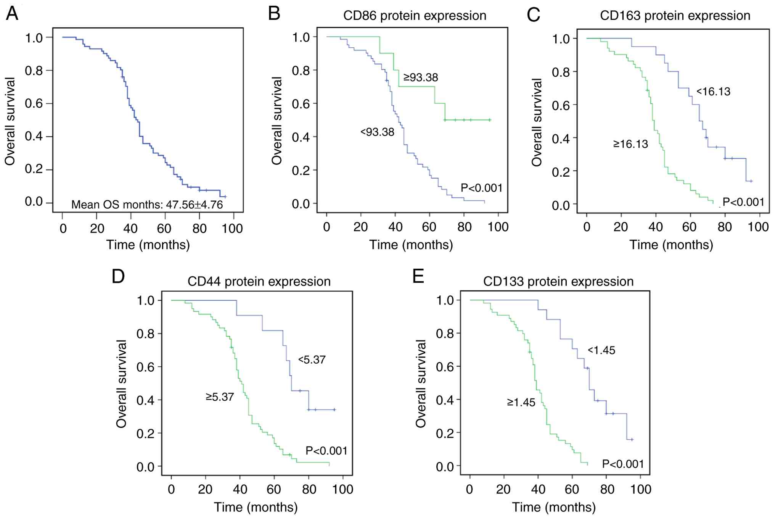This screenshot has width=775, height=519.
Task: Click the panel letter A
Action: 12,14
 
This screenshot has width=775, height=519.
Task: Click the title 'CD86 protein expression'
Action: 415,16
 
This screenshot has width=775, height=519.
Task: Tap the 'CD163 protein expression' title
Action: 675,16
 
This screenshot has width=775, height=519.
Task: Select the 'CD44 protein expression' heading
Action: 259,282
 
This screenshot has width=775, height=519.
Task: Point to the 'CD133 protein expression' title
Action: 558,282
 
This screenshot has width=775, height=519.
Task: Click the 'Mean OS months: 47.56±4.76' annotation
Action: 147,205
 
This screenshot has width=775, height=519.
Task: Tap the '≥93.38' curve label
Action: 421,77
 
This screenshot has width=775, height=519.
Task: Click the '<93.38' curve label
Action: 377,132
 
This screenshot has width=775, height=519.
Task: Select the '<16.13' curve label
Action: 713,92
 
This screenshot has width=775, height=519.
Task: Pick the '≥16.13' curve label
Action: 630,144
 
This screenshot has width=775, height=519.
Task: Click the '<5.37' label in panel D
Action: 312,360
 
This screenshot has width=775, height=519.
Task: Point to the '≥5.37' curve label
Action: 220,397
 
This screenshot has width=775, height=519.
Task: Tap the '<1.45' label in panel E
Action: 601,350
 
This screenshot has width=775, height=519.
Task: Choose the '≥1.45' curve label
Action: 521,403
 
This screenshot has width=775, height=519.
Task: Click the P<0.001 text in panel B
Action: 481,188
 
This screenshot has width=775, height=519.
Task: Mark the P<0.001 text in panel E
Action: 623,464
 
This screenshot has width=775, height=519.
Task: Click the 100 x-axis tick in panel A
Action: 232,229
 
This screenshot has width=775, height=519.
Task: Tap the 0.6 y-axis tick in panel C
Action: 561,106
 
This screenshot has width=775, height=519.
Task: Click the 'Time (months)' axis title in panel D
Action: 256,507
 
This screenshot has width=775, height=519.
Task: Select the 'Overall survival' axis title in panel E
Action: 421,384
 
